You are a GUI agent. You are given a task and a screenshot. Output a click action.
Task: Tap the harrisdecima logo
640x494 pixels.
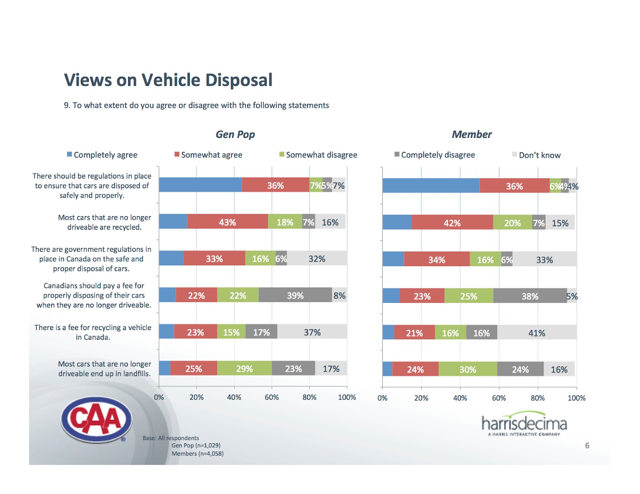[524, 423]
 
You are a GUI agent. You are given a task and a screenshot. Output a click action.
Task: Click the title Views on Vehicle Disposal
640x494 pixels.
[168, 80]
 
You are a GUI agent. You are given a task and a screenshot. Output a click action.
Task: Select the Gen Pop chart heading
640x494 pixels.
[235, 134]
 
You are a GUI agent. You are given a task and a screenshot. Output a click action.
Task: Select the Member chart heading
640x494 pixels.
[472, 134]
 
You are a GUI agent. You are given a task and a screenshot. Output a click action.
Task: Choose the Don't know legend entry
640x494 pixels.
[537, 155]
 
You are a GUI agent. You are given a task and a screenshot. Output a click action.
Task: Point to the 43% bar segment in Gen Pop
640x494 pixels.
[228, 222]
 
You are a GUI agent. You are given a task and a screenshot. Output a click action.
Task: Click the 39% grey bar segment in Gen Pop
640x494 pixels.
[295, 295]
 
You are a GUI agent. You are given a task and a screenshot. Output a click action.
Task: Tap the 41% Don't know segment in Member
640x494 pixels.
[537, 333]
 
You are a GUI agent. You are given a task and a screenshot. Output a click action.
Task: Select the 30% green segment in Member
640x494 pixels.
[468, 369]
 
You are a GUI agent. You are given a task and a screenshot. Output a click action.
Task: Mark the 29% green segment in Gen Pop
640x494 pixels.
[244, 369]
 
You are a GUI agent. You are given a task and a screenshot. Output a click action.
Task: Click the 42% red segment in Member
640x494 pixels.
[452, 223]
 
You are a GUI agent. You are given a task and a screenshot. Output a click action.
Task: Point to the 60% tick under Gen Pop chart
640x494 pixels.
[272, 397]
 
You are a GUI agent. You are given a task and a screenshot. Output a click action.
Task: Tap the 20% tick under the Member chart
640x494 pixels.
[421, 398]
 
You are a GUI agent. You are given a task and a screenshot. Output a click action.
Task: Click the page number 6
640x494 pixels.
[587, 445]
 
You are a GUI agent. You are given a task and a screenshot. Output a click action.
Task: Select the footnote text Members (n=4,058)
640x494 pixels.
[198, 454]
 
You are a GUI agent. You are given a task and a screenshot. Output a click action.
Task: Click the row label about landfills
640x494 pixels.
[104, 369]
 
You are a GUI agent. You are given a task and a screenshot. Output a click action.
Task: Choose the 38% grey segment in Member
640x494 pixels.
[530, 296]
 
